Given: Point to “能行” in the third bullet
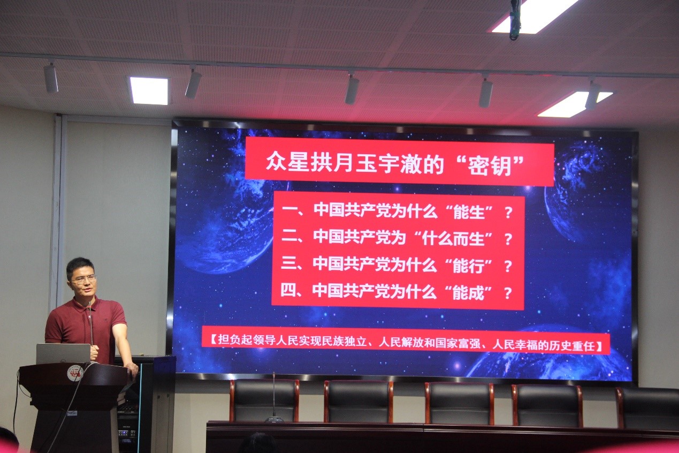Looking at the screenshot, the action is [x=468, y=266].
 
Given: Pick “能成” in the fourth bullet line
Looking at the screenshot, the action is [x=468, y=293].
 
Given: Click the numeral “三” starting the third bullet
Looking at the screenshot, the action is [x=289, y=263].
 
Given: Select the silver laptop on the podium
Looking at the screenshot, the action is [x=63, y=354].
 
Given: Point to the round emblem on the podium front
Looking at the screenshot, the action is [x=75, y=374].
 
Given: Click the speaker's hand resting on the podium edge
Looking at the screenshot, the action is [x=132, y=368].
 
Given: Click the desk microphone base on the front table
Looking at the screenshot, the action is [x=274, y=419].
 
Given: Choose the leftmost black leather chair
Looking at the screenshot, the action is [x=264, y=401].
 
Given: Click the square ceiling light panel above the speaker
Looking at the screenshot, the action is [x=149, y=90].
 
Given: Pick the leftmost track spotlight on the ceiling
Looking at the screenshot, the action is [x=51, y=78].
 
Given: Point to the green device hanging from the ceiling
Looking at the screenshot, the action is [x=515, y=20].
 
